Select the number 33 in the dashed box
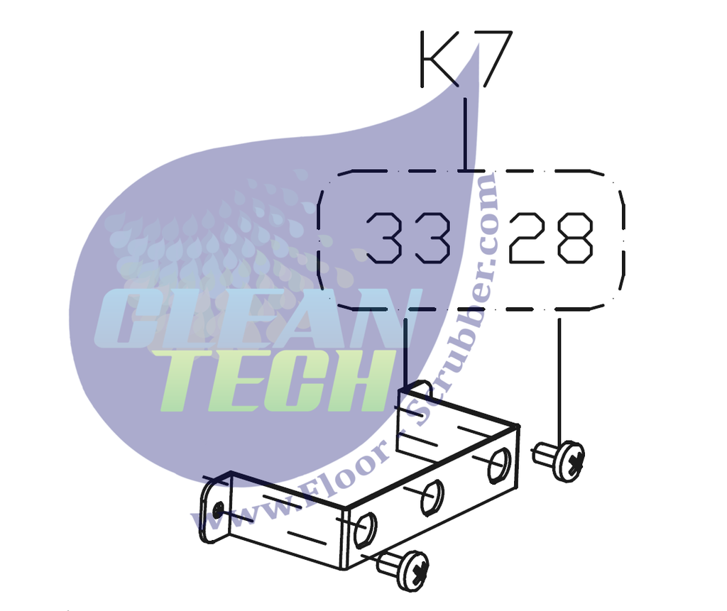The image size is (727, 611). [x=408, y=237]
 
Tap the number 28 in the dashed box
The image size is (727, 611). [x=550, y=237]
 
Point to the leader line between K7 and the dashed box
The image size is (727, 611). [x=465, y=135]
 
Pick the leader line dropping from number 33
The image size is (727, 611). [x=405, y=351]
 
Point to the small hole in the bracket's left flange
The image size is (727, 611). [x=217, y=509]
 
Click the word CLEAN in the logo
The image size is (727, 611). [x=256, y=319]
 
